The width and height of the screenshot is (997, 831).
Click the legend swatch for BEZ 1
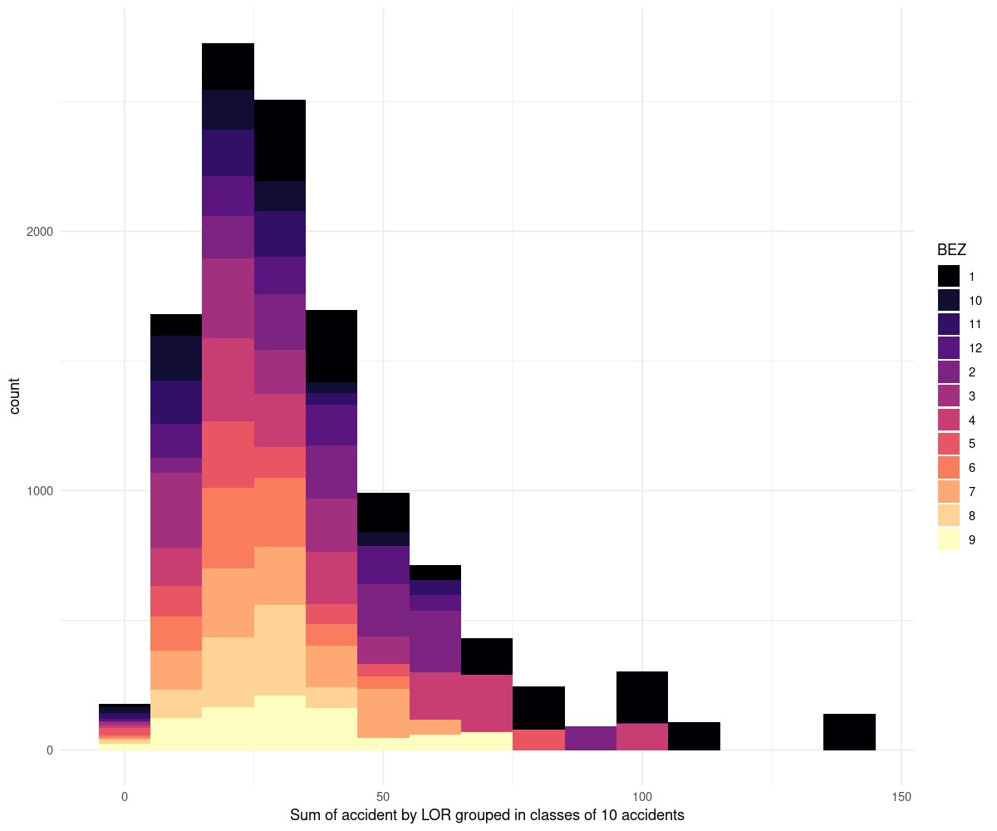click(x=948, y=277)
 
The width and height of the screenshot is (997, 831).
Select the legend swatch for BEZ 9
click(x=948, y=540)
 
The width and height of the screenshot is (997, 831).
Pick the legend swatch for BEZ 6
click(x=948, y=468)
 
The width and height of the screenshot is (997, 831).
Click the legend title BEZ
click(x=952, y=249)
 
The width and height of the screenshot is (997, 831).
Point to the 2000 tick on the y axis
click(x=38, y=231)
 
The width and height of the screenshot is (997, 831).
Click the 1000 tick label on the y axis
click(x=38, y=490)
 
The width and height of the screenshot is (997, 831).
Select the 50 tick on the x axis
click(x=383, y=797)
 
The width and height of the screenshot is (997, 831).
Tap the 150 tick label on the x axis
click(x=901, y=797)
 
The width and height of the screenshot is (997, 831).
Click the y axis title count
click(x=15, y=396)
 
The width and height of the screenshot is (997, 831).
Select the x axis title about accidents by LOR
click(x=487, y=815)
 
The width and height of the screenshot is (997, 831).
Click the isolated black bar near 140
click(x=849, y=732)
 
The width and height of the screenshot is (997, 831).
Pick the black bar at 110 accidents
click(x=694, y=736)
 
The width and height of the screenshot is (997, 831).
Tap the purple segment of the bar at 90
click(x=591, y=738)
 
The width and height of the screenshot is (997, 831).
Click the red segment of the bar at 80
click(x=538, y=740)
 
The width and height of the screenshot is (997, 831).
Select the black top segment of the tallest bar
click(x=228, y=66)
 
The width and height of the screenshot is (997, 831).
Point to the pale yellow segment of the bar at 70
click(x=487, y=741)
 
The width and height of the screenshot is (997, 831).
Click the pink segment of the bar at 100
click(x=642, y=737)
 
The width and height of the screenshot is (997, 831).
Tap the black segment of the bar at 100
click(x=642, y=697)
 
